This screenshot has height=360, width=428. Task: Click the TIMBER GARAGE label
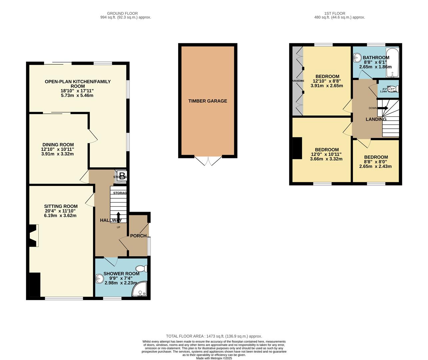pos(207,101)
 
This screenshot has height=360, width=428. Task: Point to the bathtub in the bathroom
pos(392,62)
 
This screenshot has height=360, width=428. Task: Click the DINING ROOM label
pos(58,145)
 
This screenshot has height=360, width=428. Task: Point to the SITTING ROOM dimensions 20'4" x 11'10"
pos(61,211)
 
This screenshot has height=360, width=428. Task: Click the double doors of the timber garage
pos(208,161)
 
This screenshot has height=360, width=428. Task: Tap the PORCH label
pos(138,236)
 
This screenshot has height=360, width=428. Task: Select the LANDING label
pos(376,119)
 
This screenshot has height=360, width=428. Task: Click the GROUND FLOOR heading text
pos(122,13)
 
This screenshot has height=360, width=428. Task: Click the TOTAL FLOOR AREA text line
pos(214,336)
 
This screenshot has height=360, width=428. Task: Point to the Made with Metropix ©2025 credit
pos(214,358)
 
